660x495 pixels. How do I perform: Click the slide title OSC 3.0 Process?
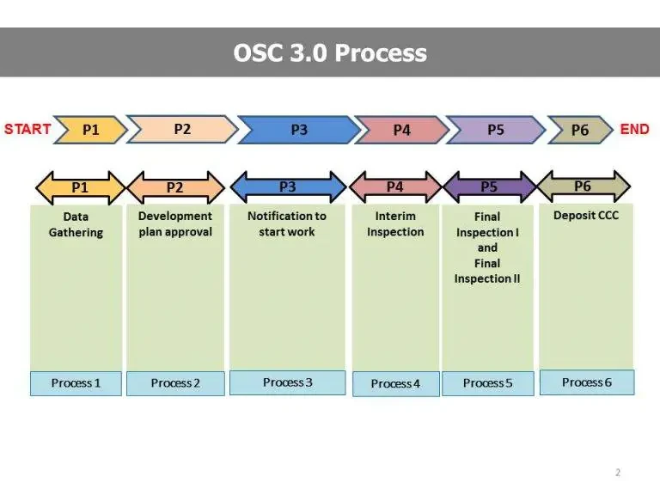pyautogui.click(x=330, y=52)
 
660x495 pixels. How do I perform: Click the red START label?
pyautogui.click(x=27, y=129)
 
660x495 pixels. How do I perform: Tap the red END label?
pyautogui.click(x=634, y=129)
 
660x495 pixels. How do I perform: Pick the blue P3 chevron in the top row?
pyautogui.click(x=298, y=130)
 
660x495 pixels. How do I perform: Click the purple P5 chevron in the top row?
pyautogui.click(x=495, y=130)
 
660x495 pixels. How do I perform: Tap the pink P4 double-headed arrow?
pyautogui.click(x=394, y=186)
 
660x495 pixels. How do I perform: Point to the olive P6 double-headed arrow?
pyautogui.click(x=583, y=186)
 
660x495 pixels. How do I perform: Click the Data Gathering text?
pyautogui.click(x=76, y=225)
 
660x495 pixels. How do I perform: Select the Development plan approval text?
pyautogui.click(x=175, y=224)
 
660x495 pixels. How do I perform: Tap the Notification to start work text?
pyautogui.click(x=287, y=224)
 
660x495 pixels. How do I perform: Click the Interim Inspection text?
pyautogui.click(x=395, y=224)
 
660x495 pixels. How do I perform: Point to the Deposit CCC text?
pyautogui.click(x=586, y=215)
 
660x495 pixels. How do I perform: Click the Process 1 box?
pyautogui.click(x=76, y=383)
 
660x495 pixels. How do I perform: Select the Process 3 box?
pyautogui.click(x=288, y=382)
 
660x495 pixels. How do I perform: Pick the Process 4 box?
pyautogui.click(x=395, y=384)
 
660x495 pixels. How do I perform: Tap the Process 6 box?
pyautogui.click(x=587, y=382)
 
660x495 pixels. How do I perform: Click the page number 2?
pyautogui.click(x=618, y=473)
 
